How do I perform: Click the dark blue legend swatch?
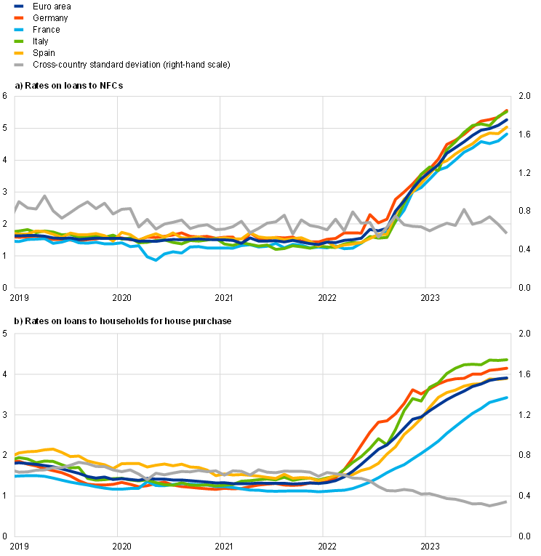(19, 6)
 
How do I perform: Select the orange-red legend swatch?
(19, 17)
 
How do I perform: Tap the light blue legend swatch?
(19, 29)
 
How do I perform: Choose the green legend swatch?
(19, 41)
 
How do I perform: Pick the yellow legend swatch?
(19, 53)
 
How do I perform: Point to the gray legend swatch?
(19, 65)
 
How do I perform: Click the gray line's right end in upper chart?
(508, 233)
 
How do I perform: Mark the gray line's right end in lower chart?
(508, 501)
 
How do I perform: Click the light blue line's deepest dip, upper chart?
(155, 259)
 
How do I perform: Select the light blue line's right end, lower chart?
(508, 398)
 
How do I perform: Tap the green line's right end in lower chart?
(508, 360)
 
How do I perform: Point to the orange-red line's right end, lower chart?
(508, 368)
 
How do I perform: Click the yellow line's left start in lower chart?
(15, 454)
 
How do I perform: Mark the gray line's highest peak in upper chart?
(45, 195)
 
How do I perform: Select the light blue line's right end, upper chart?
(508, 133)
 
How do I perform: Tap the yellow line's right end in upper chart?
(508, 127)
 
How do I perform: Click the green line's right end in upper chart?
(508, 110)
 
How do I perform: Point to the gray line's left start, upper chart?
(15, 211)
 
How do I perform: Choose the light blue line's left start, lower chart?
(15, 476)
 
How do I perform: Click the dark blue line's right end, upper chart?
(508, 120)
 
